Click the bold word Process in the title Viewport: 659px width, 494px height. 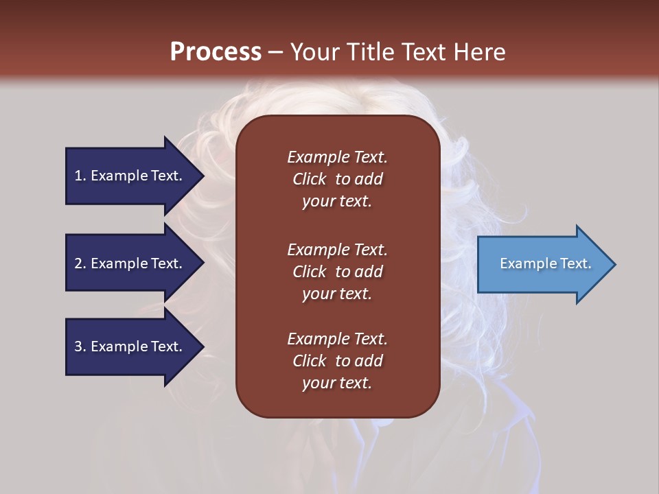click(216, 51)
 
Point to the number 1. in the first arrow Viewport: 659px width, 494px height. click(80, 176)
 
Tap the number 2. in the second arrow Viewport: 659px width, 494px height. click(80, 263)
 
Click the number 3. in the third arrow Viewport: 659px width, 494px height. click(80, 346)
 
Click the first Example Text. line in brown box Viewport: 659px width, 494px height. click(337, 157)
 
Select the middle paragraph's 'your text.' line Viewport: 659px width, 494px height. click(337, 294)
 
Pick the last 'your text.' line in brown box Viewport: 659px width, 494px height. click(337, 383)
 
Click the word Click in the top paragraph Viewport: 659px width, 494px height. click(310, 179)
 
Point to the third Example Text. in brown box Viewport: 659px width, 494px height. click(337, 338)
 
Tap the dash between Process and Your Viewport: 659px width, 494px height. click(276, 51)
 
